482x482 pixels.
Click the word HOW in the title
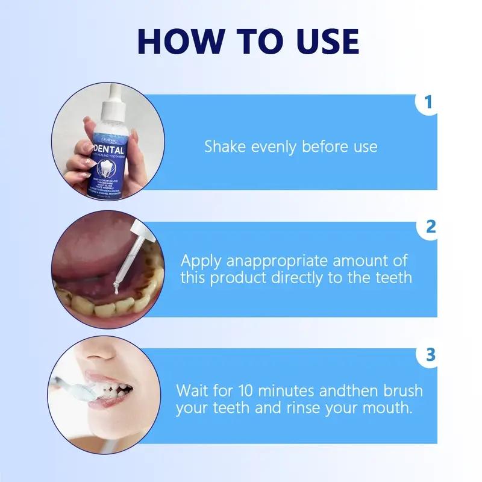click(175, 42)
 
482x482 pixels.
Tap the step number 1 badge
click(428, 103)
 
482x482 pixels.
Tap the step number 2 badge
click(430, 227)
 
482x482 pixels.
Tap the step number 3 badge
click(430, 355)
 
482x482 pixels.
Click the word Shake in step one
click(225, 146)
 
